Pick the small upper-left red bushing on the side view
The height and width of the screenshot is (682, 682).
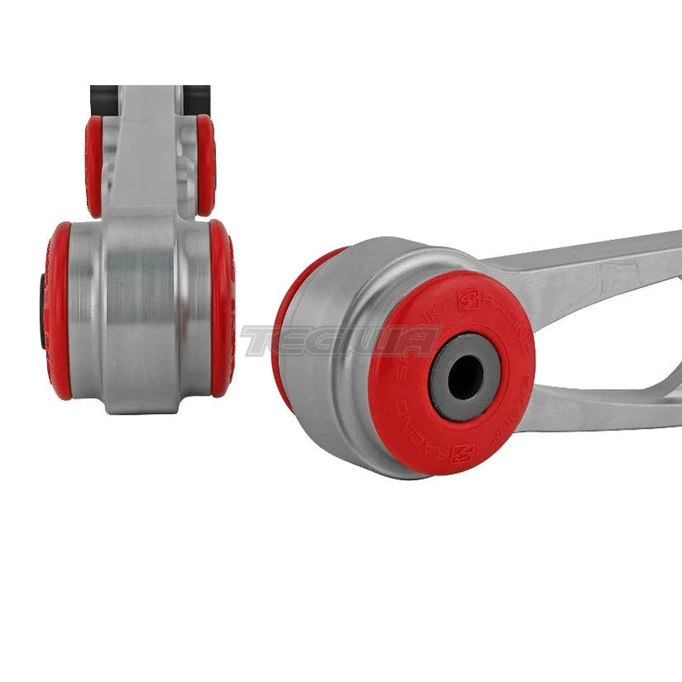94,166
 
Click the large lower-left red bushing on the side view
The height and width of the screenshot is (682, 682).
59,310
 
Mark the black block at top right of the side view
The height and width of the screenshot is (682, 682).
197,99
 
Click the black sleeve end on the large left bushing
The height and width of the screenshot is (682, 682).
41,310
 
